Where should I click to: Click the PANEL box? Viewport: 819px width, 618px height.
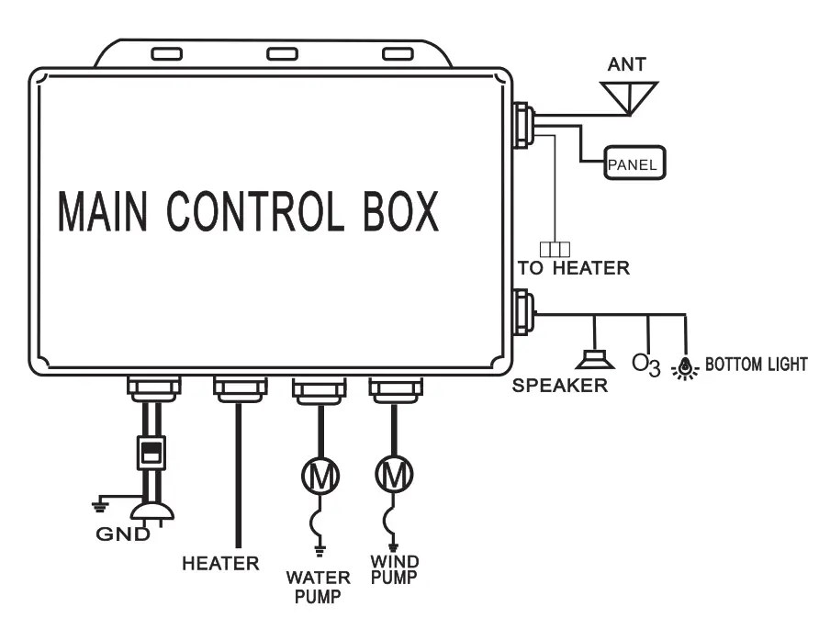click(634, 163)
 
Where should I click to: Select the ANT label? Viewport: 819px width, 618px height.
click(627, 65)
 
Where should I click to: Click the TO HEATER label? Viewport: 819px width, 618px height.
click(574, 268)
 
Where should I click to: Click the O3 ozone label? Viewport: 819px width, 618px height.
click(645, 364)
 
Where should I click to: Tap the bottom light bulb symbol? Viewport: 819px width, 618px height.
click(685, 367)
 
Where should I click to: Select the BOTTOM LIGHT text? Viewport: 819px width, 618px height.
click(756, 365)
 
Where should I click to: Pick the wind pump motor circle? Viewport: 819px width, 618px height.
click(395, 475)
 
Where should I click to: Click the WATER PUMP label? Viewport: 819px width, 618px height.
click(318, 586)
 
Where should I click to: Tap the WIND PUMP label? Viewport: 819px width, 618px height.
click(395, 569)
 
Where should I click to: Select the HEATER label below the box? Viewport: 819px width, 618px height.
click(220, 563)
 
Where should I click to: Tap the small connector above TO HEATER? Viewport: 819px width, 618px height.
click(555, 248)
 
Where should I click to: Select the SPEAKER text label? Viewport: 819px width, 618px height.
click(560, 386)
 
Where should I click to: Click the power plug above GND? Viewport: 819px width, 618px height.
click(149, 510)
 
